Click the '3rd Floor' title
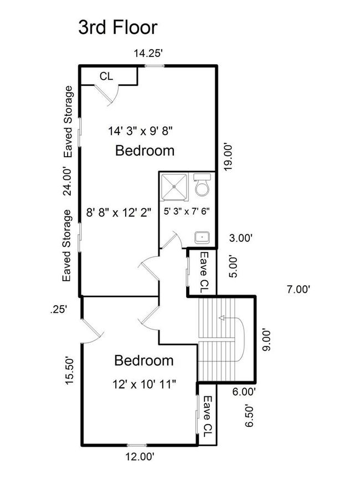click(118, 27)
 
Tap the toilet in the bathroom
click(202, 185)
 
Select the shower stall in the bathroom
click(174, 187)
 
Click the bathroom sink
click(202, 238)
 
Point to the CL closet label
click(106, 76)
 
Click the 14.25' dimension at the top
click(147, 54)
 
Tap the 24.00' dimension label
click(67, 181)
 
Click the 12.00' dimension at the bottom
click(139, 457)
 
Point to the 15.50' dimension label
click(69, 370)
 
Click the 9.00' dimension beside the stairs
click(266, 340)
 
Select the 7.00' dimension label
click(299, 289)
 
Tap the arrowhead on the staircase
click(222, 318)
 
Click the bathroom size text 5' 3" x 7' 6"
click(187, 211)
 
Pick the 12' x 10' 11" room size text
click(144, 384)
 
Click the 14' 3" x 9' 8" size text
click(141, 131)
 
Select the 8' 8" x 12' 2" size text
click(119, 212)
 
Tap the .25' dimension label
click(59, 309)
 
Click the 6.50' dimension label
click(249, 416)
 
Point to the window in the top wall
click(155, 66)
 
